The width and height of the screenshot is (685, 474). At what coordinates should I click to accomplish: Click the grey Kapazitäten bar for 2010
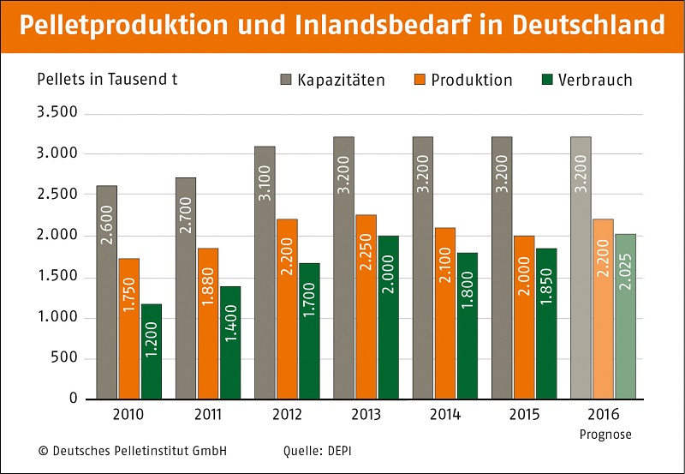107,291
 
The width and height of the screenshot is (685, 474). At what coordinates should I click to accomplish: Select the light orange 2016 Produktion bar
603,309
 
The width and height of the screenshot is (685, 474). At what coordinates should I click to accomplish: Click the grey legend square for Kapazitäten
286,80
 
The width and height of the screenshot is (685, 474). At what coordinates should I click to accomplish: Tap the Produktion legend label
472,80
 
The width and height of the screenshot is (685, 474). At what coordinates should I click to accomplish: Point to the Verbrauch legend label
595,80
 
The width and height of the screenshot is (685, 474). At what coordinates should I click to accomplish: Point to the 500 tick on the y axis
65,358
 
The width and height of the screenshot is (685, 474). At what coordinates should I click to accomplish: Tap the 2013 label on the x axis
366,415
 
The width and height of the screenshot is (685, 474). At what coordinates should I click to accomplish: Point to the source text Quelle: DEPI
318,450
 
